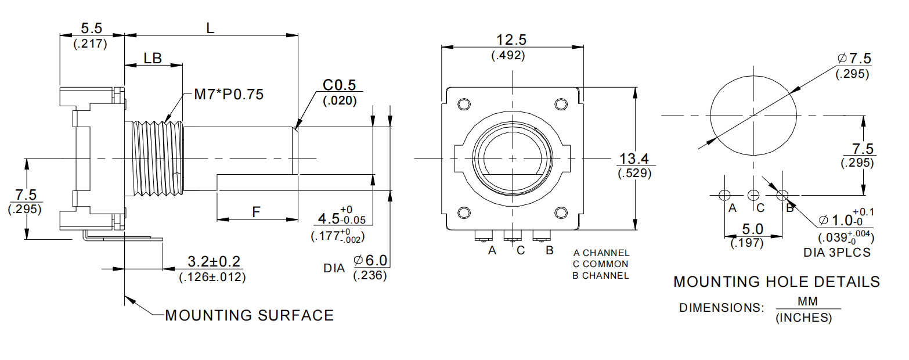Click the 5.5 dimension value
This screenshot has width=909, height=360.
91,28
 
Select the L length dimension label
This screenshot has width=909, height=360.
210,27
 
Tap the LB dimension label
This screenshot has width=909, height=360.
153,58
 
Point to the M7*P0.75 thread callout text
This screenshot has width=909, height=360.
228,94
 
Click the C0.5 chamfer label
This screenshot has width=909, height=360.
339,85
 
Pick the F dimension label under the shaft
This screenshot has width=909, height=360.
256,212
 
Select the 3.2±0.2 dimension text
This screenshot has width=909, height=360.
213,261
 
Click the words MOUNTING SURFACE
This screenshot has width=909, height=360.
250,315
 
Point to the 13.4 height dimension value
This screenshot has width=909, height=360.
634,158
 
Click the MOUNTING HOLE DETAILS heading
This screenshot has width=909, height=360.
777,282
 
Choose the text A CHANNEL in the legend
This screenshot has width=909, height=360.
601,253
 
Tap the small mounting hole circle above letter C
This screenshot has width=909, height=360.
753,195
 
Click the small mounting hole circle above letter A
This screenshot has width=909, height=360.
724,195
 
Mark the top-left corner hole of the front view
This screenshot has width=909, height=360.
464,105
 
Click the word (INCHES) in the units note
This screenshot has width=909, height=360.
803,318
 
